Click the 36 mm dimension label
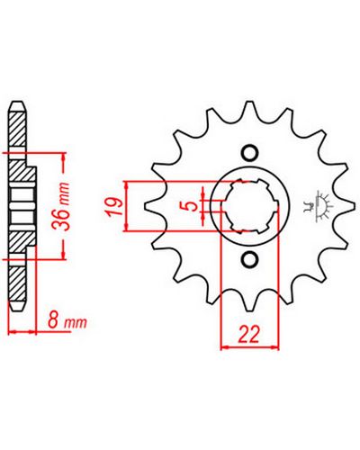click(62, 206)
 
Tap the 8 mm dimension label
click(67, 322)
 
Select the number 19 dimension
click(114, 206)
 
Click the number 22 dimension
click(248, 334)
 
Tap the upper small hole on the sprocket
click(250, 153)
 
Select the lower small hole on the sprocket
click(250, 258)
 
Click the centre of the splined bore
click(250, 206)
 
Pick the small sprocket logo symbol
click(319, 206)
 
